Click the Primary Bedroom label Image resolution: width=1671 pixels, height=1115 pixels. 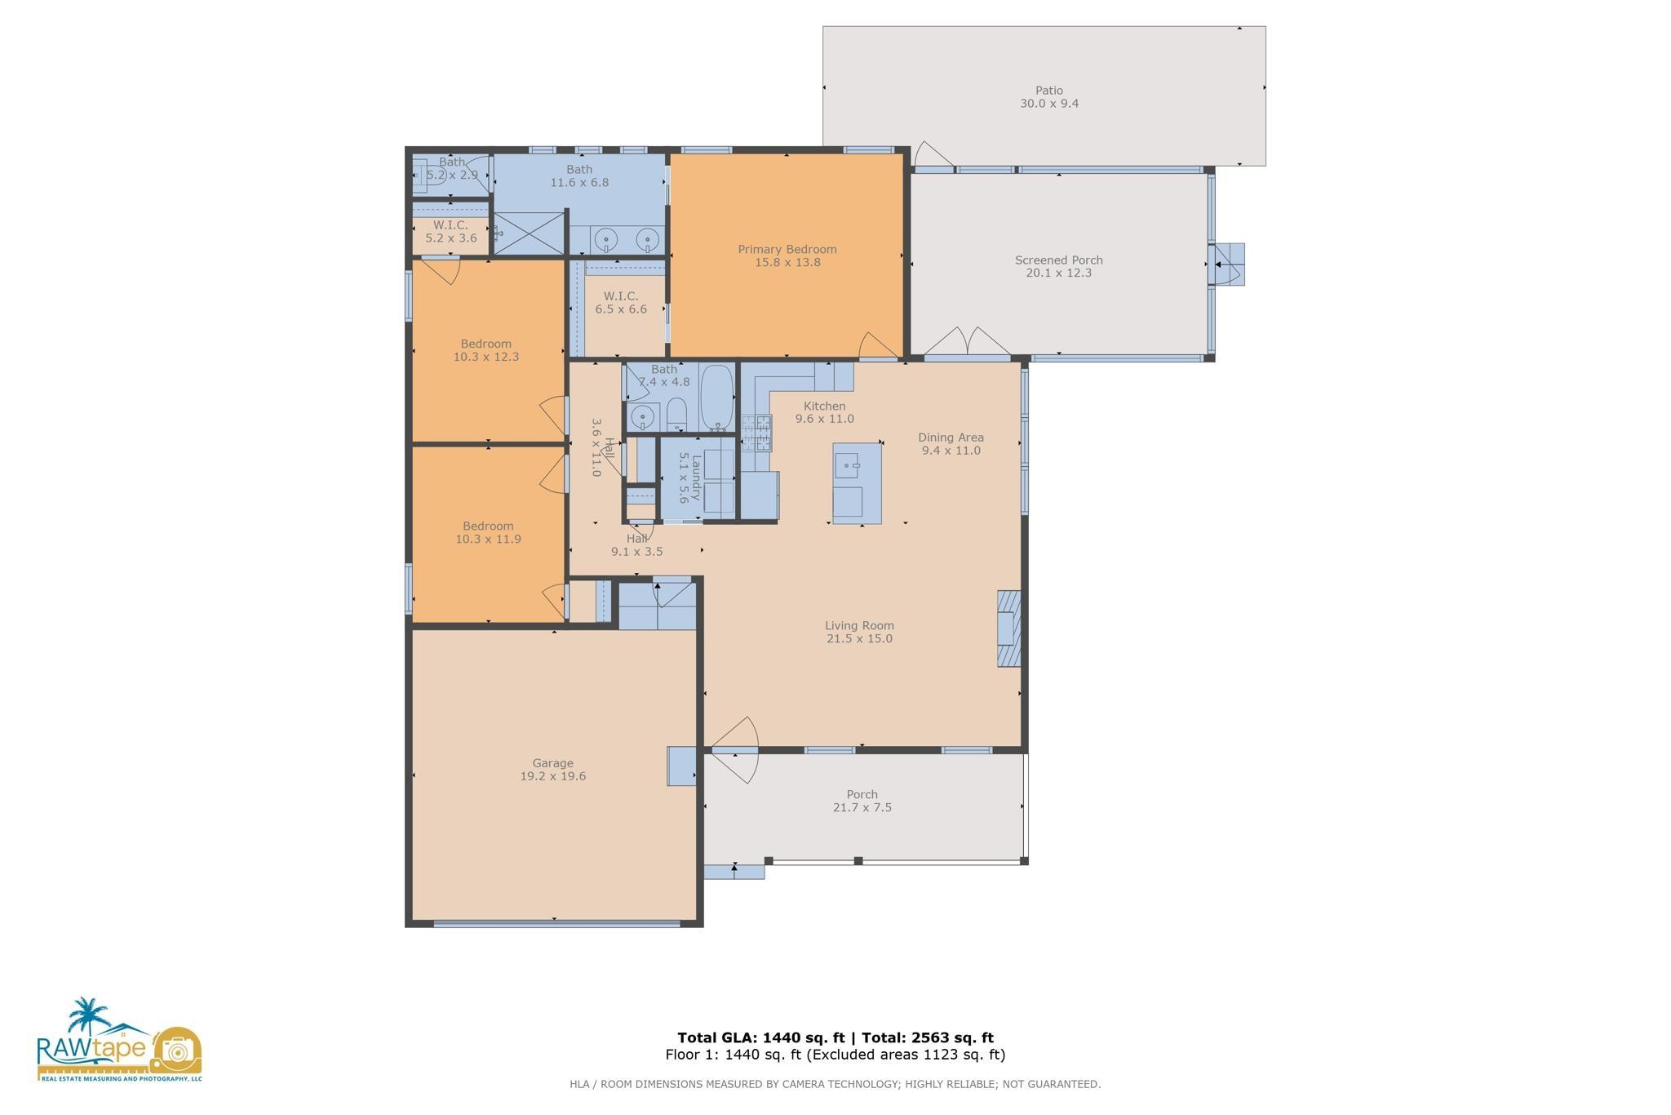point(787,250)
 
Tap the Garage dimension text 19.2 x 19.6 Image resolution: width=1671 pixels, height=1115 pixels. point(553,776)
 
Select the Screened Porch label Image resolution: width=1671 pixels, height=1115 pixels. point(1058,260)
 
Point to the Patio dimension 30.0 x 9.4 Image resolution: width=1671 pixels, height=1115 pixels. point(1049,104)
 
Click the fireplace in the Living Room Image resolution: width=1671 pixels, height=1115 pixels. point(1009,629)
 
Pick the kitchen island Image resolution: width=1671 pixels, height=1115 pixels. point(857,483)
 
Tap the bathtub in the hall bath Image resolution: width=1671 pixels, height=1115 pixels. point(717,398)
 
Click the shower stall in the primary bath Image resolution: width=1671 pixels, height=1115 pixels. point(530,233)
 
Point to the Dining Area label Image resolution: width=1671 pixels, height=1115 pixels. point(951,438)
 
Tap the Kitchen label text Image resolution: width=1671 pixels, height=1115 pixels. point(824,406)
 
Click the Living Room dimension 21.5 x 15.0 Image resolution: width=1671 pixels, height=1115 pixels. point(859,639)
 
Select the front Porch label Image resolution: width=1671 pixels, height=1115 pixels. point(862,795)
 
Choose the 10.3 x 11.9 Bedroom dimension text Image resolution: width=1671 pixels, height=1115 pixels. point(488,540)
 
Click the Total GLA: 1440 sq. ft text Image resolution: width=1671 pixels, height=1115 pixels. point(760,1038)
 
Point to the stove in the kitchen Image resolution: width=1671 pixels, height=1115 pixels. point(756,433)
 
